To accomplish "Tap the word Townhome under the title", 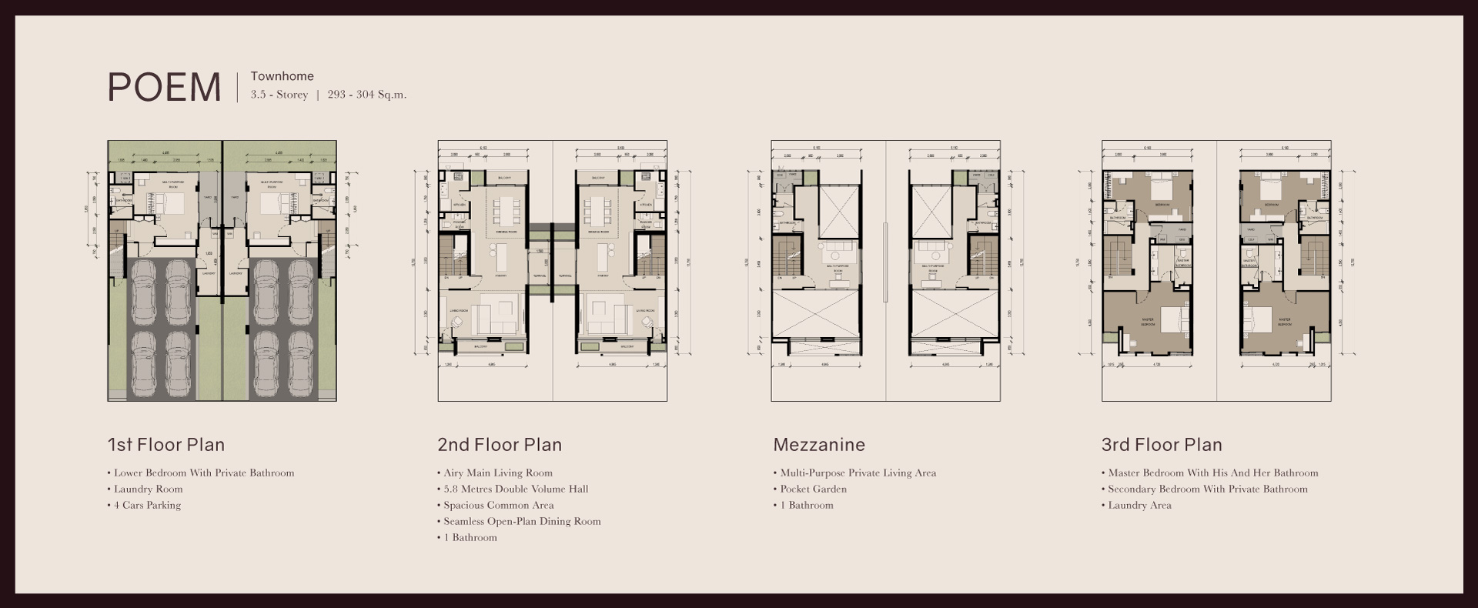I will point(282,76).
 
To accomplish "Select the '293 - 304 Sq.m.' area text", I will point(366,95).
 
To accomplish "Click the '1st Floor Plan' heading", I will point(166,445).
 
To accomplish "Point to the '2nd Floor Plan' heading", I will point(499,445).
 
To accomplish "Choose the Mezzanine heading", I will point(818,445).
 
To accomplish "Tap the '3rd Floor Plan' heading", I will point(1161,445).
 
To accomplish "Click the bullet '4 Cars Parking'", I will point(147,505).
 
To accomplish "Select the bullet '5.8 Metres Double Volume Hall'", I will point(516,489).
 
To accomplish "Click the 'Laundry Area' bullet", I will point(1139,505).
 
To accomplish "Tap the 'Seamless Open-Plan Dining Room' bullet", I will point(522,521).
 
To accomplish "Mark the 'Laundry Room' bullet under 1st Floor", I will point(148,489).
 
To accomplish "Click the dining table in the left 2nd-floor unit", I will point(506,209).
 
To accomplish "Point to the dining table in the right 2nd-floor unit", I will point(598,209).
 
